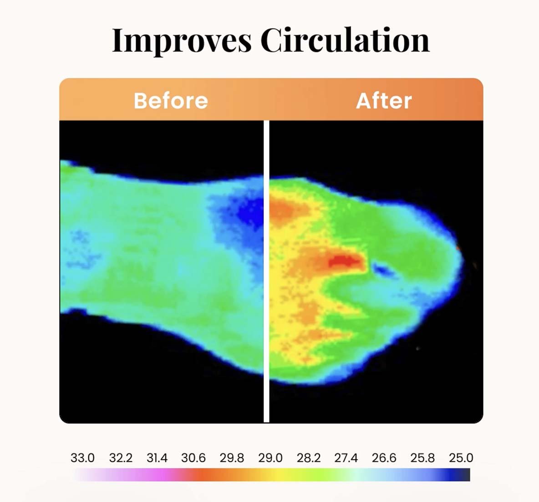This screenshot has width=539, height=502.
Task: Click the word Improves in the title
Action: pos(181,40)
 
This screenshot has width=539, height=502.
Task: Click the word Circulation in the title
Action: pos(345,40)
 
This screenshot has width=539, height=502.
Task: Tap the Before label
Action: pos(171,100)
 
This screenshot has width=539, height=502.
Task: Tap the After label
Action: pos(384,100)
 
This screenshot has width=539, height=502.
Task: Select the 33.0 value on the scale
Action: pos(82,458)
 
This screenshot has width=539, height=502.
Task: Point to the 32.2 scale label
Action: pos(121,458)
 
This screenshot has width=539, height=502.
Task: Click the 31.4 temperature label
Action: pos(157,458)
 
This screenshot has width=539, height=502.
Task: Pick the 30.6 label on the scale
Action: pos(193,458)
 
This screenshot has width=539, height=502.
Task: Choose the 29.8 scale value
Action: pos(232,458)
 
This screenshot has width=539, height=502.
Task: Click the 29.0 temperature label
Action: pos(270,458)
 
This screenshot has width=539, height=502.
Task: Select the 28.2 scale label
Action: pos(309,458)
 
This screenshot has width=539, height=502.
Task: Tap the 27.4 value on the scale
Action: pos(346,458)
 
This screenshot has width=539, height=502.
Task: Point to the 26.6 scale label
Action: pos(384,458)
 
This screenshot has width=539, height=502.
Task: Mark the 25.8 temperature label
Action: pos(422,458)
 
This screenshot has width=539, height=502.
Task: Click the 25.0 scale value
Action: pos(461,458)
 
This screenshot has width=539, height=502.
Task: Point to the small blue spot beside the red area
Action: pos(382,270)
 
